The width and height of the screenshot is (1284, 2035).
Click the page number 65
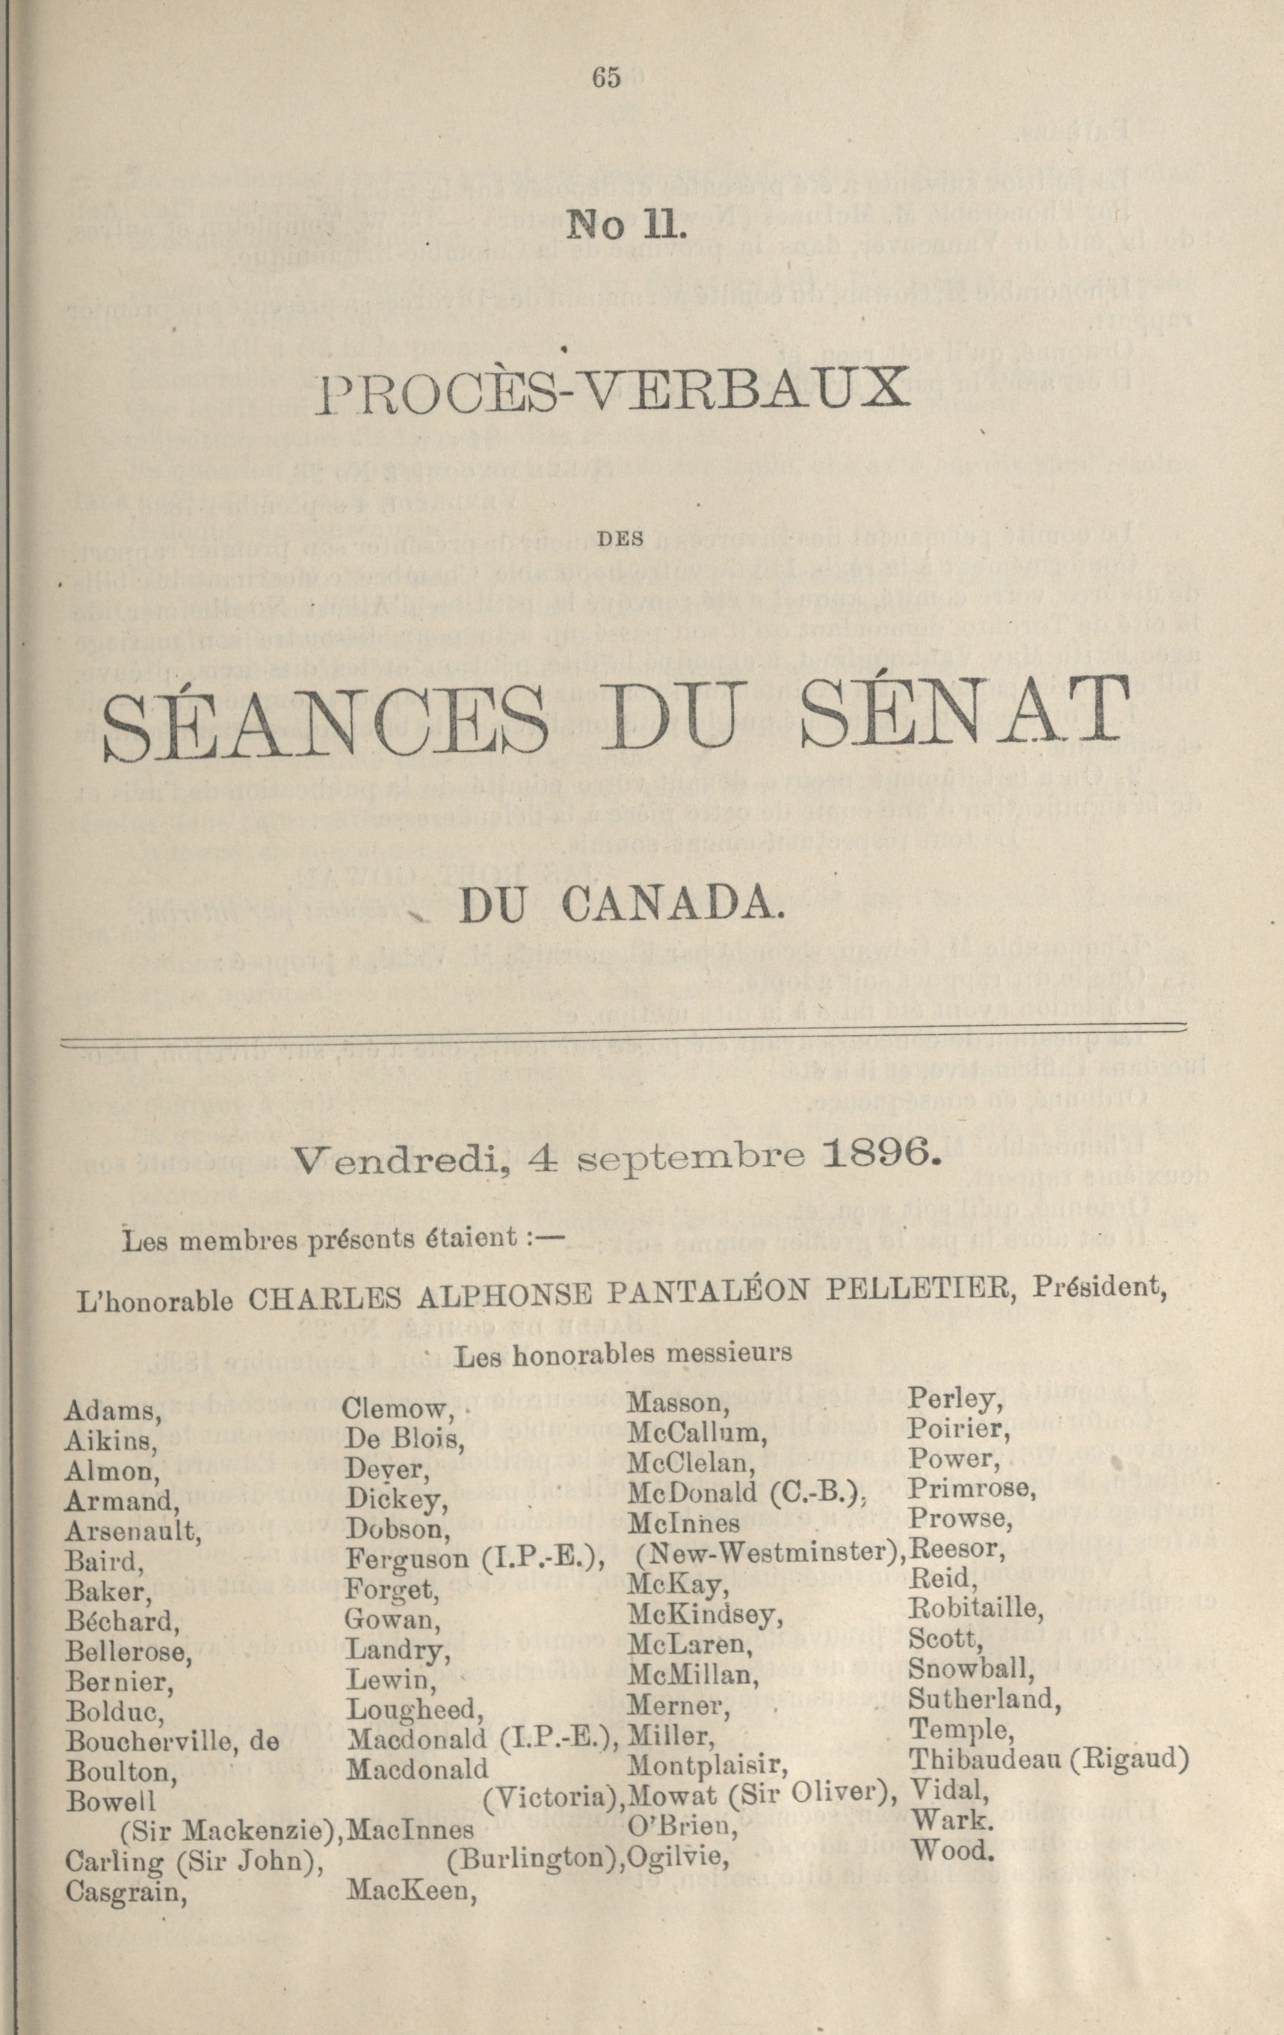pos(607,78)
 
